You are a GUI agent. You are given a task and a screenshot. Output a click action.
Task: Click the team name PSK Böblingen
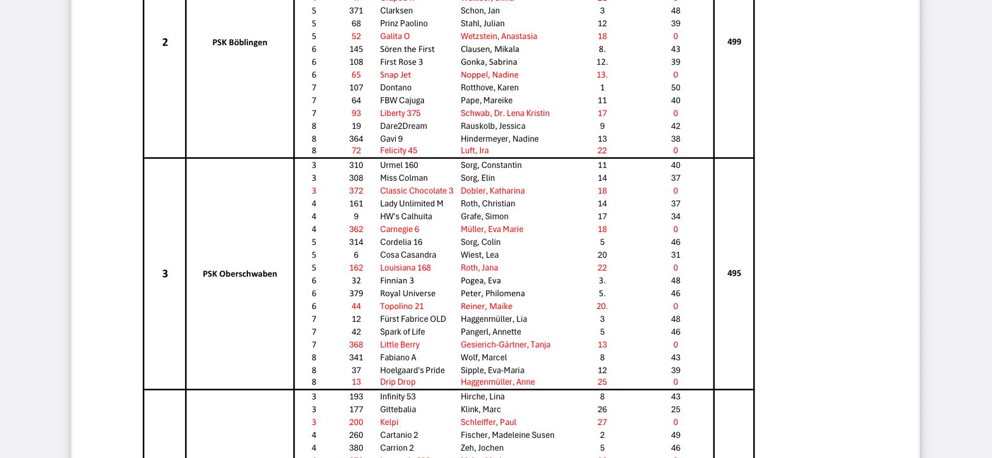point(239,42)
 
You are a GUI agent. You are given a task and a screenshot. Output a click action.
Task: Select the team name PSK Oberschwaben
point(239,274)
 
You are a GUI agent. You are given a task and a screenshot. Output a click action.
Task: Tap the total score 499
point(734,42)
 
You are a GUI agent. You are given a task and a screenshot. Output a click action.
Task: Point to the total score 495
point(734,273)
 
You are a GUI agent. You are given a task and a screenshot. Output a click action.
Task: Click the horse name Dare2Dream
point(403,126)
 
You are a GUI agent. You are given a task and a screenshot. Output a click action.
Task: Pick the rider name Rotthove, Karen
point(489,87)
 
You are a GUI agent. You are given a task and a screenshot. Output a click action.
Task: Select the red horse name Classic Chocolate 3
point(417,191)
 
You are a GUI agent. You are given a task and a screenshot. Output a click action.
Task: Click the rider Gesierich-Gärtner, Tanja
point(505,344)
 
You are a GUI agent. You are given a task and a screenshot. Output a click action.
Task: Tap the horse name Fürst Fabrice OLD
point(413,319)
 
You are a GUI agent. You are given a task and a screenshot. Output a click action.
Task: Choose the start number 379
point(356,293)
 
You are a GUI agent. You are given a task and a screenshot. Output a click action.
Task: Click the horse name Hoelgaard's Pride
point(412,370)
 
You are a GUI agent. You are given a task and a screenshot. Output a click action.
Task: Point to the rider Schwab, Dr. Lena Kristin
point(505,113)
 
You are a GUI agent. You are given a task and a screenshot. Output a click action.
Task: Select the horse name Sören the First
point(407,49)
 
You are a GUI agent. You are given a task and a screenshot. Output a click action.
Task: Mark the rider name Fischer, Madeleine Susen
point(507,435)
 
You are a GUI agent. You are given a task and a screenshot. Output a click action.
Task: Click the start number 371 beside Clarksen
point(356,10)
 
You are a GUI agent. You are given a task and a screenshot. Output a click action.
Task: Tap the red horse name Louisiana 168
point(405,267)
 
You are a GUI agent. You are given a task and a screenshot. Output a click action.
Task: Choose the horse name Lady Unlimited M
point(411,203)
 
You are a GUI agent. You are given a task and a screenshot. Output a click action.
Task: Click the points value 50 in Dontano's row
point(676,87)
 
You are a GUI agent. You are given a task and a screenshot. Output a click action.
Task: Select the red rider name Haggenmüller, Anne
point(497,382)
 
